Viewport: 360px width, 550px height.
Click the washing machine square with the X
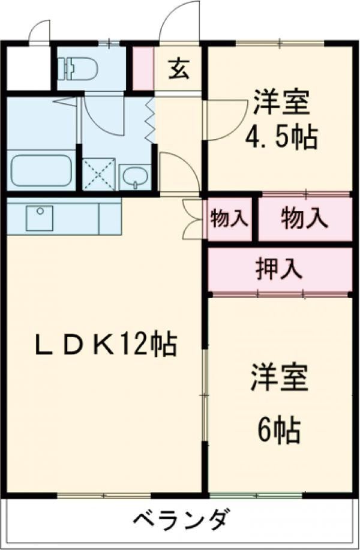[98, 174]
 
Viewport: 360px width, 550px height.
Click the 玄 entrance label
[179, 70]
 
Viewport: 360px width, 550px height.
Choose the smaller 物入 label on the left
[229, 219]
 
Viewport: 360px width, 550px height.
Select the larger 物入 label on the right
[305, 219]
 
